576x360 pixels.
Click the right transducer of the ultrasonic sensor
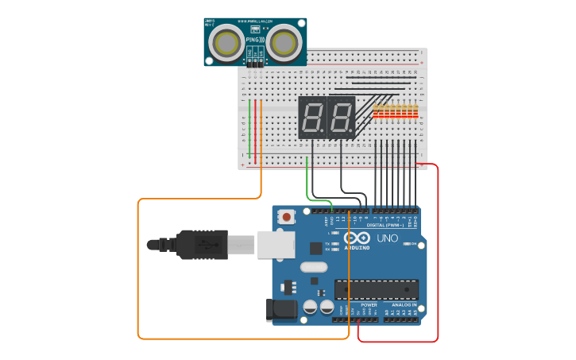283,43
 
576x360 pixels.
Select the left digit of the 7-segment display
311,118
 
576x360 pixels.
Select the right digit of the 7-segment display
341,118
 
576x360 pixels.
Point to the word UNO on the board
387,238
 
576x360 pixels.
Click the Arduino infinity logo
358,238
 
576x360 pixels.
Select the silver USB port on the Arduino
275,244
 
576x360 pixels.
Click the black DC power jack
281,308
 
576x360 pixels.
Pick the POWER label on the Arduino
369,304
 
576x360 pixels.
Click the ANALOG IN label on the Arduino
404,304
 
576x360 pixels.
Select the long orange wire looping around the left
138,270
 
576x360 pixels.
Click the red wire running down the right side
438,254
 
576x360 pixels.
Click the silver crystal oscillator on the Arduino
313,268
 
